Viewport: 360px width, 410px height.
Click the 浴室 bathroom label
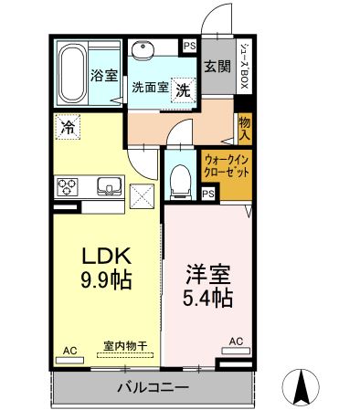[x=105, y=75]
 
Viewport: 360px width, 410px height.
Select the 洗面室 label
[x=149, y=89]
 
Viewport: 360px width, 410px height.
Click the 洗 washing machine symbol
[x=183, y=89]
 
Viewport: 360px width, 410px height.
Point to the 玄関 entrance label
[x=217, y=66]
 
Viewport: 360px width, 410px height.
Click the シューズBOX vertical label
[x=244, y=62]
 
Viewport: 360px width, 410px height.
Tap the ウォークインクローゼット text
[x=228, y=164]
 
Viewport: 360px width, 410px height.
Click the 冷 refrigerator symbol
[x=67, y=127]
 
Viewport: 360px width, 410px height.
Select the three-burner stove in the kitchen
[x=69, y=187]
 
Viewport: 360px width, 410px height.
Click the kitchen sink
[x=109, y=187]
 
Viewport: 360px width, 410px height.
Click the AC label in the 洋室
[x=236, y=342]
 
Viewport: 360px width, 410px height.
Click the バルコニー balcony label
[x=153, y=387]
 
